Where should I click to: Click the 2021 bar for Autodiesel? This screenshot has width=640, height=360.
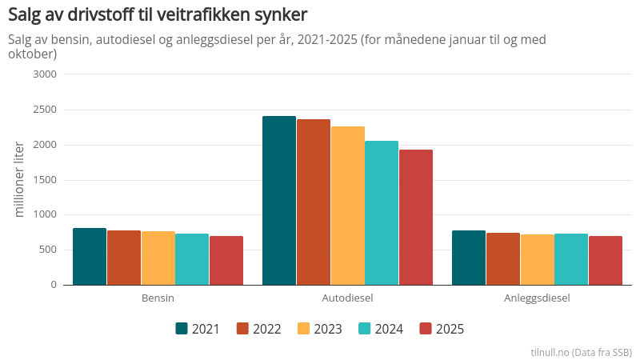[279, 200]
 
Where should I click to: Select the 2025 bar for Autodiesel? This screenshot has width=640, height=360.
[415, 217]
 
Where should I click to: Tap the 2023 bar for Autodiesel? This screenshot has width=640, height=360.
[347, 206]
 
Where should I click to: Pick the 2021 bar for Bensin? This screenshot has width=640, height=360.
[90, 257]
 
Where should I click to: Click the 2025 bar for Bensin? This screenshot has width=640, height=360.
[226, 261]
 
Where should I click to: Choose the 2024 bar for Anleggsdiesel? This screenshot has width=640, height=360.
[571, 259]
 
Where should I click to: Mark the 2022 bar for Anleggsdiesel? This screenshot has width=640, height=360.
[503, 258]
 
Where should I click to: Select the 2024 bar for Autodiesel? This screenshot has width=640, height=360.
[382, 213]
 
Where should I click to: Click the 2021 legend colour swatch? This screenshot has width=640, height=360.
[182, 329]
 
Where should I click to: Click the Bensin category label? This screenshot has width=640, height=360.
[158, 298]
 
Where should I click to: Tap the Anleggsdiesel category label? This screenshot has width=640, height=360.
[537, 298]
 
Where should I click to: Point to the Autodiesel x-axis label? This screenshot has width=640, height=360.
[347, 298]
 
